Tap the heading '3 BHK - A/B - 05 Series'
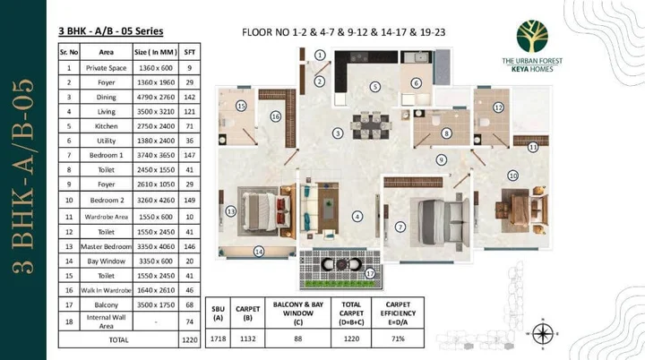[x=111, y=31]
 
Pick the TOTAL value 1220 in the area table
[x=189, y=340]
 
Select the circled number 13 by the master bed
[x=231, y=211]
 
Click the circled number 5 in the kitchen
[x=374, y=87]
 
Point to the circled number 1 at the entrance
[x=320, y=56]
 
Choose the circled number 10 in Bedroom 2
[x=513, y=176]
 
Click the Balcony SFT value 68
[x=189, y=304]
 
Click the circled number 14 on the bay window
[x=258, y=252]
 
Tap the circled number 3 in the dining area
[x=338, y=133]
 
